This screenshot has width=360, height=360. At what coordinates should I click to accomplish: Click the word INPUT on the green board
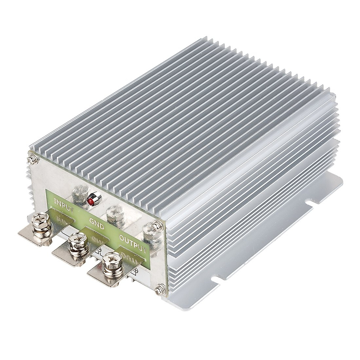point(63,204)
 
